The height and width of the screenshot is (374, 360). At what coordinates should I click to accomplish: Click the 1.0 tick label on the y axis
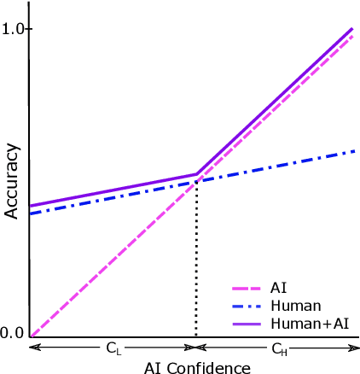coord(13,29)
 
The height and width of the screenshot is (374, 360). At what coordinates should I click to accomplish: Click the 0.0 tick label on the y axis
coord(13,333)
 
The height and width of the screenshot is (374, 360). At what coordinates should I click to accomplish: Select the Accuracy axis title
coord(12,181)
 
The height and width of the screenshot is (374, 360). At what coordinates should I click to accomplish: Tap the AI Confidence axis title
coord(198,367)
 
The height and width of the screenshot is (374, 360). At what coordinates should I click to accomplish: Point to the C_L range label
coord(113,348)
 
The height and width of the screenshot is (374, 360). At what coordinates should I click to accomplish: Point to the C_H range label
coord(279,348)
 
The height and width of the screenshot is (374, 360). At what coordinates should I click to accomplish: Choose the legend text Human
coord(295,306)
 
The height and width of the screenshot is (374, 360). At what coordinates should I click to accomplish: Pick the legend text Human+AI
coord(310,324)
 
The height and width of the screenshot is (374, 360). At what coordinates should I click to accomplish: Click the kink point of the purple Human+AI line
coord(197,173)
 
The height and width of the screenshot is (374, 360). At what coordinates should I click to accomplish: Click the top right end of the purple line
coord(352,29)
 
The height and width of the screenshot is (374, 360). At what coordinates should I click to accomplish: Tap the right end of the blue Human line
coord(354,151)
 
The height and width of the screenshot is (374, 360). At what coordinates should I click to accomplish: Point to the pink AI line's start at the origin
coord(31,335)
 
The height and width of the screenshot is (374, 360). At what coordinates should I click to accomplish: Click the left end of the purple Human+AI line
coord(30,206)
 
